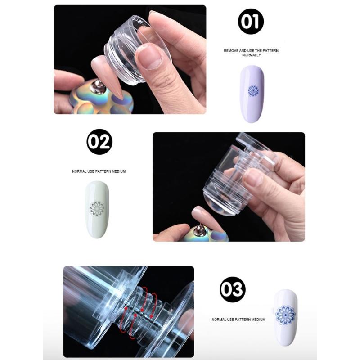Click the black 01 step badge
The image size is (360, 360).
pos(251,22)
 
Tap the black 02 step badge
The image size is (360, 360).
pos(99,142)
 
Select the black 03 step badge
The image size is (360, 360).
pos(233,289)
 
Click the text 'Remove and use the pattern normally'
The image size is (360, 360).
pos(251,53)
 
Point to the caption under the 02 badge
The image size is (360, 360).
pos(99,171)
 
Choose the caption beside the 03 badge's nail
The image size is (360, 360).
pos(238,319)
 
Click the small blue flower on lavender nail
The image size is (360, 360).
pos(253,90)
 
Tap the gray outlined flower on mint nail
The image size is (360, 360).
pos(97,208)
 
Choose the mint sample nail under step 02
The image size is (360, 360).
pos(97,209)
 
